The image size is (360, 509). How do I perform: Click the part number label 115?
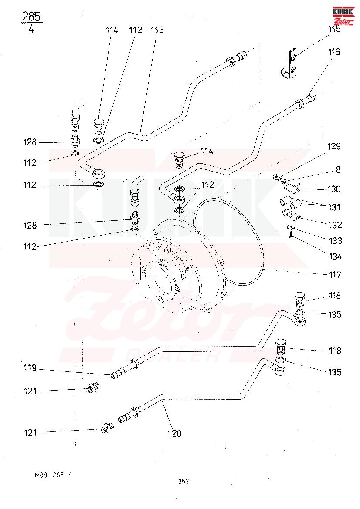click(x=334, y=30)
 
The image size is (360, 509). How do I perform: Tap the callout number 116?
click(x=334, y=52)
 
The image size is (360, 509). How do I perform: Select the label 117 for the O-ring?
click(x=335, y=275)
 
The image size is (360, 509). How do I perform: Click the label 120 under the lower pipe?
click(x=174, y=434)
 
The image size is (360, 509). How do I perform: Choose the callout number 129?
click(x=334, y=147)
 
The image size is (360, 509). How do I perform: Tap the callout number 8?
click(x=338, y=170)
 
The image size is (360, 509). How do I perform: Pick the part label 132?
click(x=335, y=225)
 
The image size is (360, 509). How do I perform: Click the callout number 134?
click(x=335, y=256)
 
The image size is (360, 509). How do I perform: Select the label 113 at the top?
click(x=157, y=30)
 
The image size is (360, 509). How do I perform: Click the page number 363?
click(x=183, y=481)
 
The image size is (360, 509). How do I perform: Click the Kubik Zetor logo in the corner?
click(x=344, y=16)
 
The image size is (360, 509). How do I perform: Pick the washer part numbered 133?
click(x=290, y=227)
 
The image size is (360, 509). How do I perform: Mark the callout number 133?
click(x=335, y=241)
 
